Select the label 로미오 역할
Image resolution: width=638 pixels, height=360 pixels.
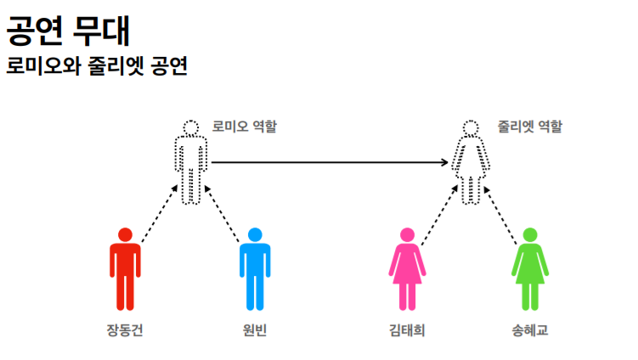(244, 127)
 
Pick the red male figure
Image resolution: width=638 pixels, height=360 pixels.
(125, 267)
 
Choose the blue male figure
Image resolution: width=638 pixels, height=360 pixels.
(254, 267)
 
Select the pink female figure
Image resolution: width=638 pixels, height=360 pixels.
(407, 267)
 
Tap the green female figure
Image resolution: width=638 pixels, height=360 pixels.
(530, 267)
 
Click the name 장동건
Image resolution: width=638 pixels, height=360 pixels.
(125, 330)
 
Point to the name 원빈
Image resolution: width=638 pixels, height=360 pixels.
(254, 330)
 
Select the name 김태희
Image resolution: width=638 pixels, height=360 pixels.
(407, 330)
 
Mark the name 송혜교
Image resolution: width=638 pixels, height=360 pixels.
(531, 330)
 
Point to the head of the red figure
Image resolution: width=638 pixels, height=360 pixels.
(125, 234)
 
